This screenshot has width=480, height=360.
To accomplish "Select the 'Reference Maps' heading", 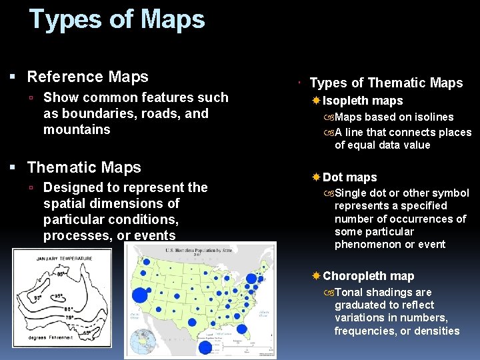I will click(87, 77).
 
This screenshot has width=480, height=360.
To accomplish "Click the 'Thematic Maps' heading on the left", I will click(84, 167).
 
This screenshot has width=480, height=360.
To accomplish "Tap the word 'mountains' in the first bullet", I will click(77, 129).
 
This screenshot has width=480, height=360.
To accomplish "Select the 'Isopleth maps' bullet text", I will click(363, 101).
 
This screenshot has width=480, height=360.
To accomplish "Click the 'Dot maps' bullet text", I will click(349, 177).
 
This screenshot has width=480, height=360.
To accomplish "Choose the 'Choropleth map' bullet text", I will click(368, 276).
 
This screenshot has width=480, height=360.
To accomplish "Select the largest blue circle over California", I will click(140, 295).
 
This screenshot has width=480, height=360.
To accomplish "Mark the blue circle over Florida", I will click(241, 328).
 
